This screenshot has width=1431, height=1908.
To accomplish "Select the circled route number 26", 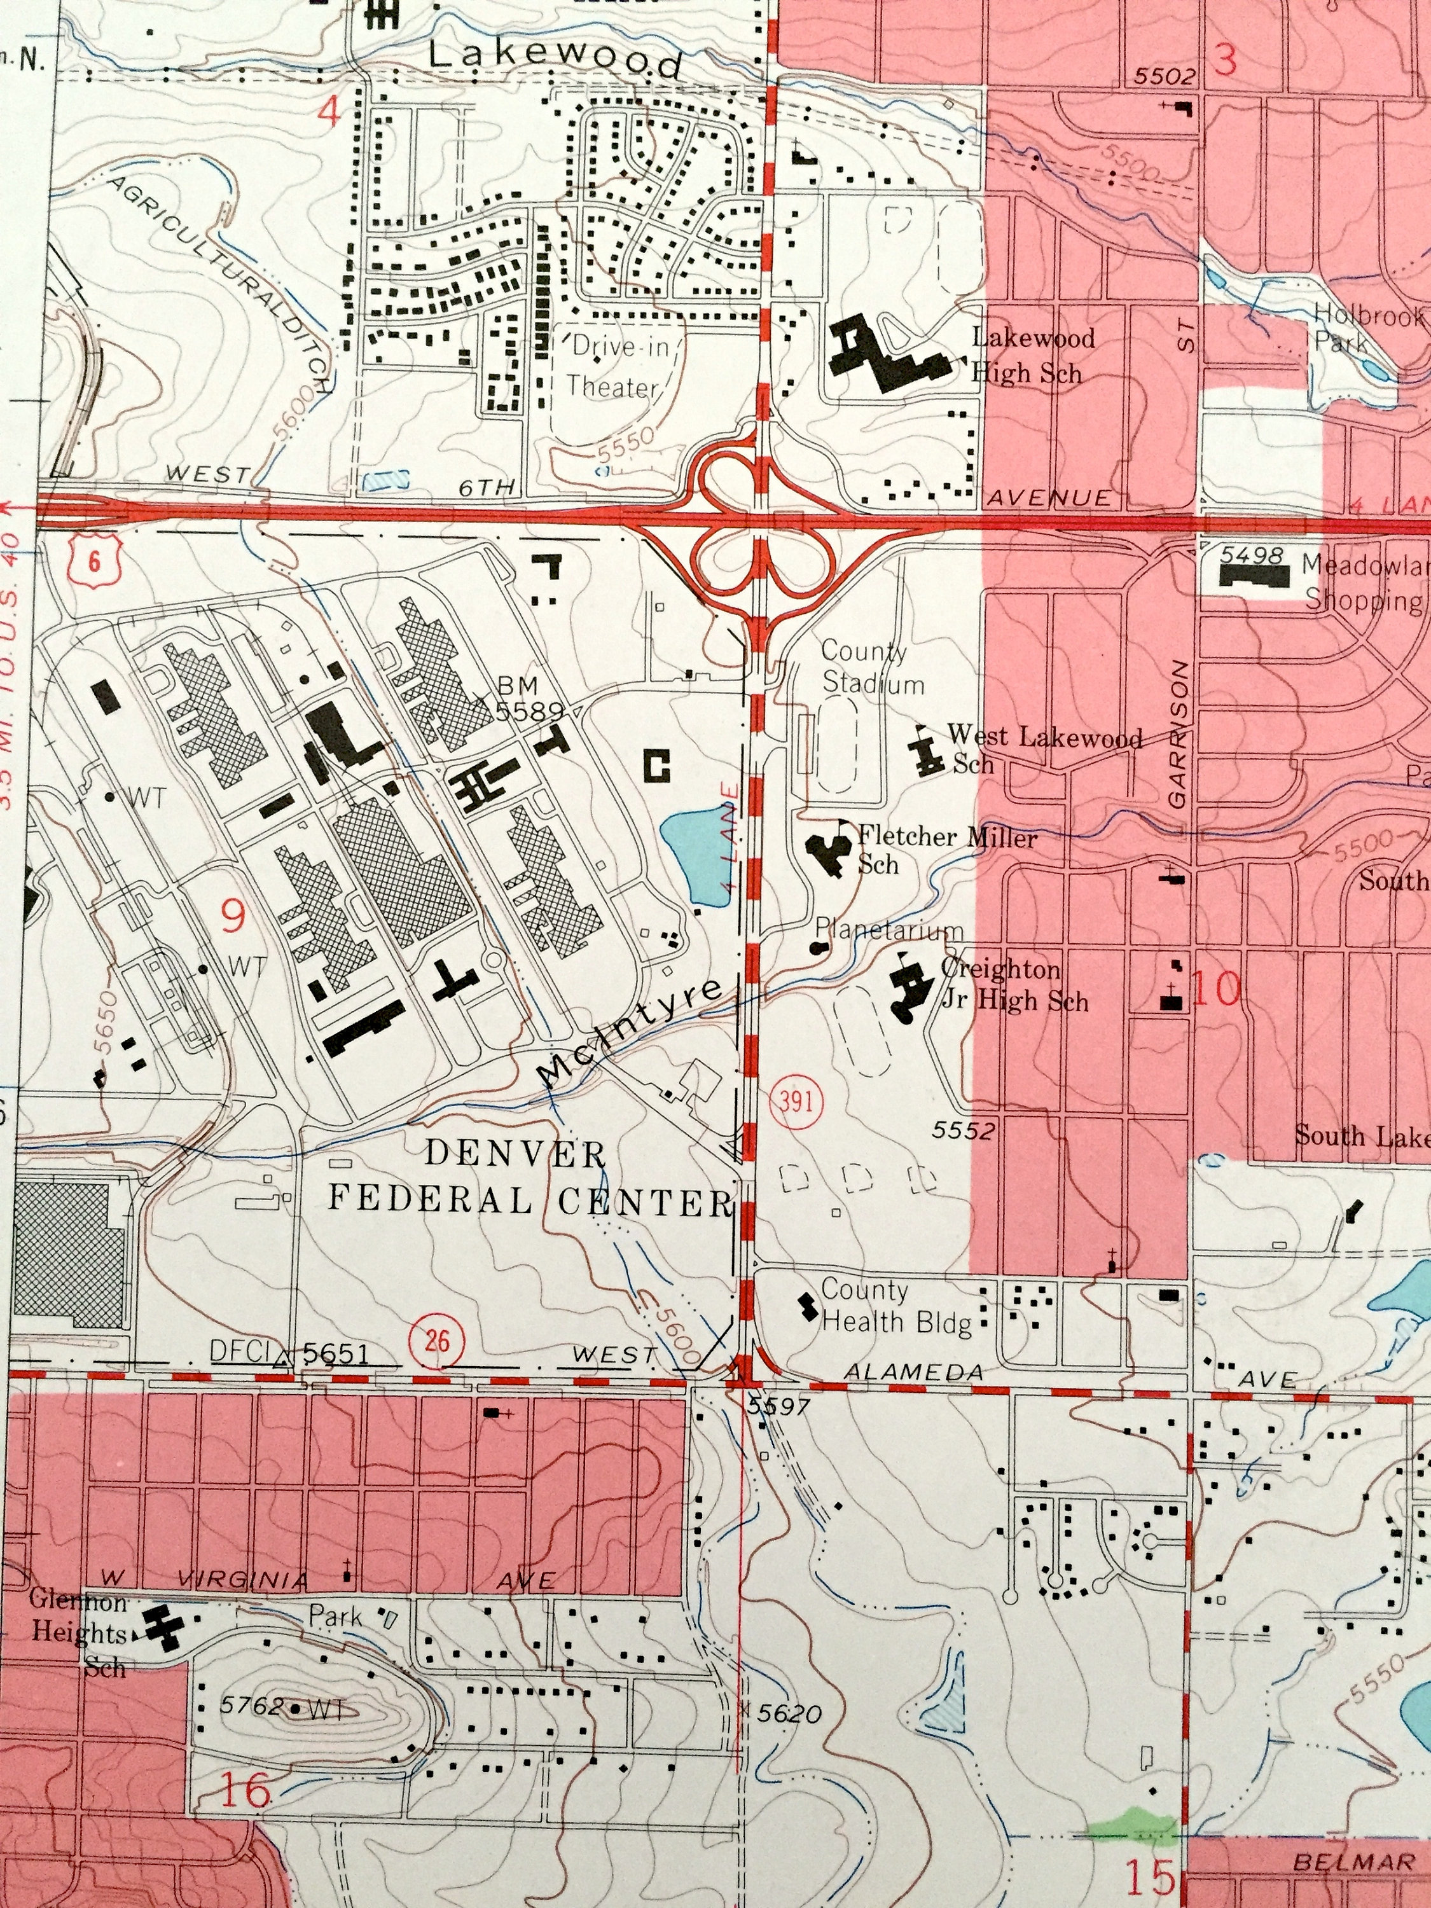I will point(438,1339).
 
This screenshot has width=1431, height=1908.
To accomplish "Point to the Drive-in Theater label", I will point(613,366).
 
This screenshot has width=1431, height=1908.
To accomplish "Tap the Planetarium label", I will point(888,930).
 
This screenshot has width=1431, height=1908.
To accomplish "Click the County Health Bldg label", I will point(895,1306).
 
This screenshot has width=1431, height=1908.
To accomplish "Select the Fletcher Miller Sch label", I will point(946,850).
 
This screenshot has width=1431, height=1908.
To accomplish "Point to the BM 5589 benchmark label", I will point(529,698).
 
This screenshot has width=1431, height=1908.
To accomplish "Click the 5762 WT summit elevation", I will point(282,1706).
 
